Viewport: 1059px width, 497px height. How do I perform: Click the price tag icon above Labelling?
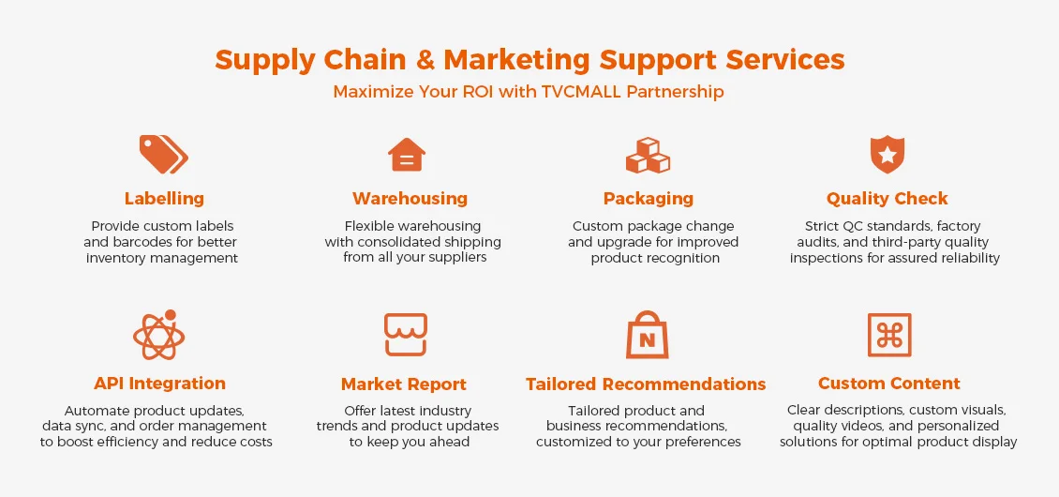[163, 154]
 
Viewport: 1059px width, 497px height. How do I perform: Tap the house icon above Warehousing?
[407, 154]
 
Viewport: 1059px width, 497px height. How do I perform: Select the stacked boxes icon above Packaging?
[648, 155]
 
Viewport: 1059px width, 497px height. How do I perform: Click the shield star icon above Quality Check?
[887, 154]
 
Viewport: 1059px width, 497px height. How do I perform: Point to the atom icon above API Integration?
[158, 335]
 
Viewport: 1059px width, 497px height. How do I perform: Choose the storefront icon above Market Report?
[405, 335]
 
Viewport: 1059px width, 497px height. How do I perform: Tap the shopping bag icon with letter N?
[646, 335]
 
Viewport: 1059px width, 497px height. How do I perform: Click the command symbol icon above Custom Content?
[888, 335]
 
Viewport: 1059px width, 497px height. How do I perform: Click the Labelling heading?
[164, 199]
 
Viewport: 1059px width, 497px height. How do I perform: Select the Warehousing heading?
[410, 199]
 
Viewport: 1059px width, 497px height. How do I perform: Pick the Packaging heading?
[648, 199]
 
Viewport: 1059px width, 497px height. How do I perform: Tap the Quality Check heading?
[887, 199]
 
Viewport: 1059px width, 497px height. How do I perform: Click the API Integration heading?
[159, 384]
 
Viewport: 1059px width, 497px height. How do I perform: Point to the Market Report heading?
[403, 384]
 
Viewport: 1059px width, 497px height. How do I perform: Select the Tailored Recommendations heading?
[646, 384]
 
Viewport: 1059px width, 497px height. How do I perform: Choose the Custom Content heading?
[888, 384]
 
